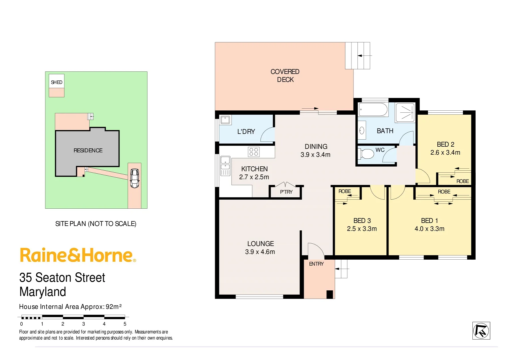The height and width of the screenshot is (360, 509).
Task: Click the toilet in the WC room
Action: tap(366, 154)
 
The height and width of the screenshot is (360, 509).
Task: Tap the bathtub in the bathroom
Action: tap(373, 110)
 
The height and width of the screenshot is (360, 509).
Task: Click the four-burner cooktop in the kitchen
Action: tap(254, 152)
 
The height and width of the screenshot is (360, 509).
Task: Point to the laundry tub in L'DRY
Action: tap(226, 120)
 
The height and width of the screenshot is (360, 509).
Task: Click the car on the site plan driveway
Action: tap(135, 178)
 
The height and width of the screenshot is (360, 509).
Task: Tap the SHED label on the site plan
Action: tap(57, 82)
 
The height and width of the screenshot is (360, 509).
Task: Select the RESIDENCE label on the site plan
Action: tap(88, 151)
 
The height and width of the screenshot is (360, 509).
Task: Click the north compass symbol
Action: tap(481, 331)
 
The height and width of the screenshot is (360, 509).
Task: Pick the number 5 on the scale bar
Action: tap(125, 324)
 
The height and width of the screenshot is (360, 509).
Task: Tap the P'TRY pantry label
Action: tap(286, 192)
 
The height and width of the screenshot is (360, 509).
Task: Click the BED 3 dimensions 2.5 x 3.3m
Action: tap(362, 229)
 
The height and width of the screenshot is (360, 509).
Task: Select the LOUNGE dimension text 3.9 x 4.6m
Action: tap(260, 252)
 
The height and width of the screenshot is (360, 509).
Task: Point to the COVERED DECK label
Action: tap(285, 76)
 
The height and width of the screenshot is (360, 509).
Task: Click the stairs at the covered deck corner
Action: tap(358, 56)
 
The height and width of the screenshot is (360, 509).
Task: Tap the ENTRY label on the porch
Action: tap(316, 264)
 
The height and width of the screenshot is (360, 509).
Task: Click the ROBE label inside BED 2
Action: tap(462, 181)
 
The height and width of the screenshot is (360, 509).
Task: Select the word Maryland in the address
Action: tap(43, 292)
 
